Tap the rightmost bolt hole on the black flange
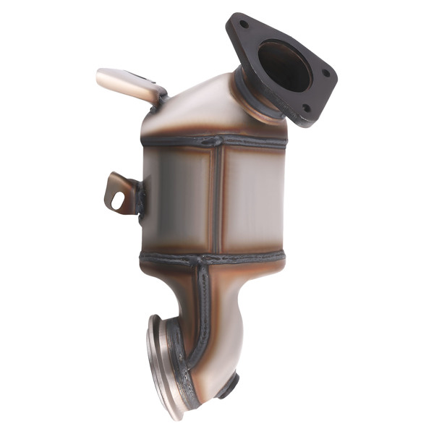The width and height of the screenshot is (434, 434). click(x=324, y=73)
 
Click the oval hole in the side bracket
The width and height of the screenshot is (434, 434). click(x=117, y=200)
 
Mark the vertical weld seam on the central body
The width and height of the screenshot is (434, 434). click(x=215, y=199)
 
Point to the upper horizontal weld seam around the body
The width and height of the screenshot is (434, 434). click(x=181, y=142)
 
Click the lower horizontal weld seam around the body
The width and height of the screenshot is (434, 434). click(x=174, y=257)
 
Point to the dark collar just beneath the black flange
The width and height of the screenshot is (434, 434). click(x=253, y=94)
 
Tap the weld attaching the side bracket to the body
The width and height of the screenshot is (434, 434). click(x=140, y=196)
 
